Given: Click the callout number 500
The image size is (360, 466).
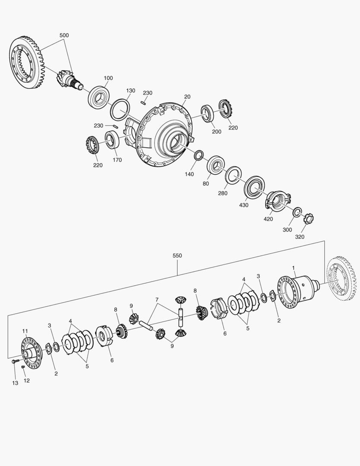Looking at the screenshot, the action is point(64,35).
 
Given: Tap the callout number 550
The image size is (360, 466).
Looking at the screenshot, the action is point(177,255).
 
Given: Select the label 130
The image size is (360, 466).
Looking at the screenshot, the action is point(130,91).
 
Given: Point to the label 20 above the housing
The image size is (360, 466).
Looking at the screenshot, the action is point(187,97).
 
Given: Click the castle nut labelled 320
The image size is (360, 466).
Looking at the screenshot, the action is point(310,219).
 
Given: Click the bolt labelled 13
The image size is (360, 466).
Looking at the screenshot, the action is point(15,362).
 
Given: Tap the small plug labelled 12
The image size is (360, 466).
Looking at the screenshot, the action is point(23,367).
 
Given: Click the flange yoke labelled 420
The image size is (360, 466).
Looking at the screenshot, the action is point(278,201).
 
